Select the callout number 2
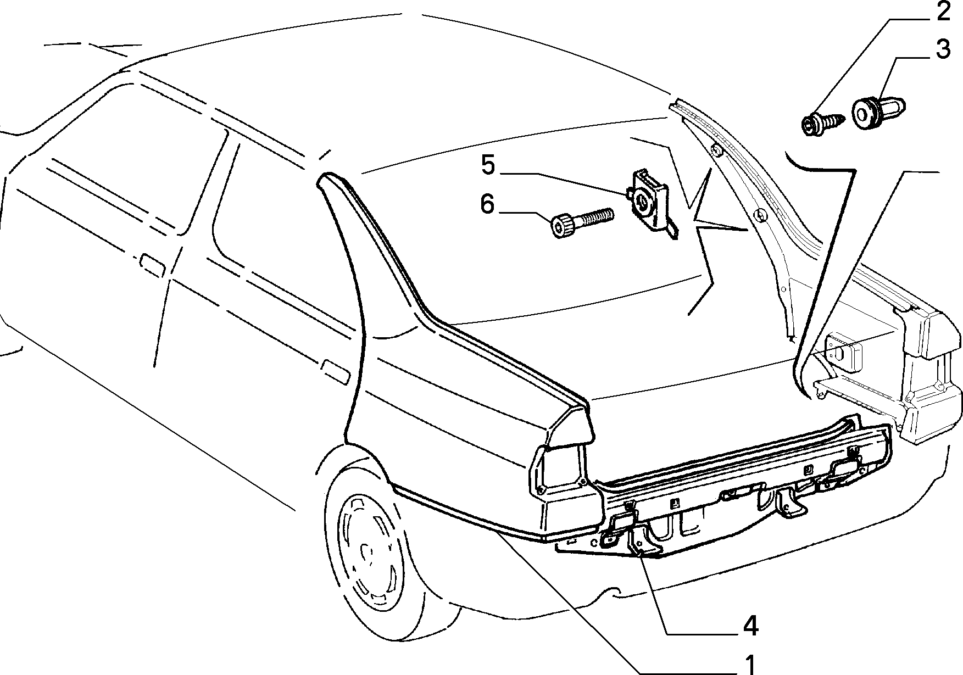tap(942, 12)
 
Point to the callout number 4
tap(750, 626)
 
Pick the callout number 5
tap(488, 165)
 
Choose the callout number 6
tap(487, 204)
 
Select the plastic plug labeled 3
tap(878, 111)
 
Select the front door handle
tap(153, 263)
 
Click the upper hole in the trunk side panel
tap(715, 149)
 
